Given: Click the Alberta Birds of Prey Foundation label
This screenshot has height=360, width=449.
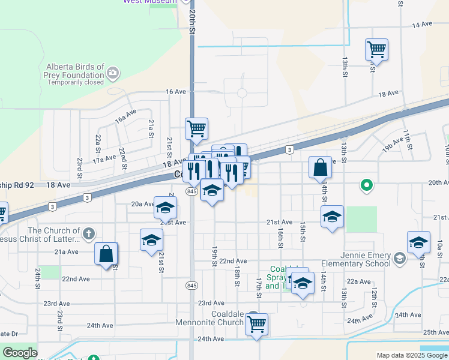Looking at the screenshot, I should pos(74,71).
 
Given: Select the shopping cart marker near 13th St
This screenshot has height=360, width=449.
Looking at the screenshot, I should pos(376,49).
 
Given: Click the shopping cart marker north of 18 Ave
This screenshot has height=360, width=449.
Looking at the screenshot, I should pos(196,128).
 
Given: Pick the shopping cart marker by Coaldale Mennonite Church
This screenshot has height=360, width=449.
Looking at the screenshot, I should pos(256,324).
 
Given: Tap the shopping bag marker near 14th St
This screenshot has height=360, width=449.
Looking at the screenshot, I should pos(321,167).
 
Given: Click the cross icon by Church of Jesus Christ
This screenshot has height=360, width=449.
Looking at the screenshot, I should pos(88,233).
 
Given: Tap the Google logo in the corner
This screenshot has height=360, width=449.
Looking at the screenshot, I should pos(20,353).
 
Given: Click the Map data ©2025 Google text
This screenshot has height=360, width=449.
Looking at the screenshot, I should pos(412,355).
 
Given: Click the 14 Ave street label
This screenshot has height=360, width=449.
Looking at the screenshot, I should pos(422,25).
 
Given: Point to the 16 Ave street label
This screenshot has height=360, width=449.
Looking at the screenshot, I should pos(176,91).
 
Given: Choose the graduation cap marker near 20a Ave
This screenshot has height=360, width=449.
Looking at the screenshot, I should pos(165,208).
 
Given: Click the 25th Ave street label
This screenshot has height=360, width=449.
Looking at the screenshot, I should pos(435,332).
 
